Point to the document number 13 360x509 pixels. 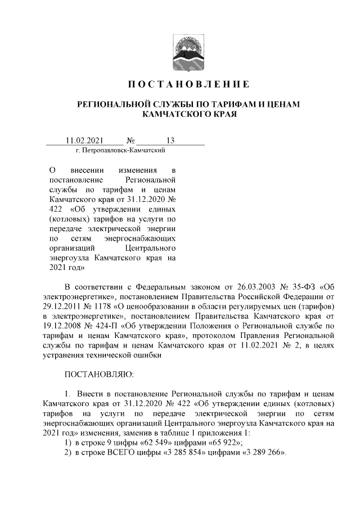170,141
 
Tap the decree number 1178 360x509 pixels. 107,306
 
